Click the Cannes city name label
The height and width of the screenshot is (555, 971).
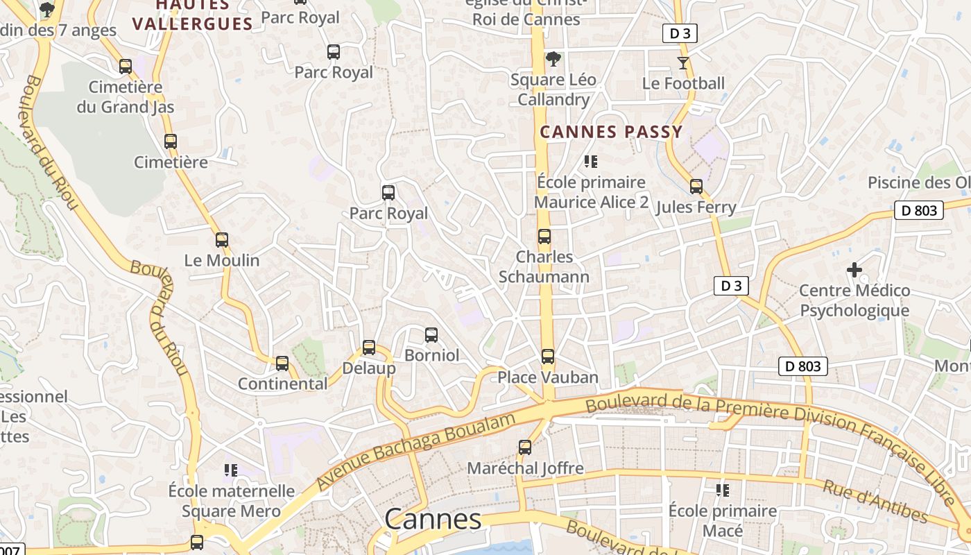[x=433, y=519]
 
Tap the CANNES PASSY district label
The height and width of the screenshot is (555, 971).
[x=611, y=132]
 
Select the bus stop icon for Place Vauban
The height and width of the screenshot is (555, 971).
[x=548, y=357]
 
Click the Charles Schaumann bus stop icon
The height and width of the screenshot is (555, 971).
[x=544, y=237]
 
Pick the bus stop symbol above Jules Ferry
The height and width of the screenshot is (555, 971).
[x=696, y=187]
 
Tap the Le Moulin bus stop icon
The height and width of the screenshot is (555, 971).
[x=222, y=240]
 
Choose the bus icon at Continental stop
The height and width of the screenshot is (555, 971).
[x=282, y=364]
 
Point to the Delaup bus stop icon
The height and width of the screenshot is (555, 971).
[x=369, y=348]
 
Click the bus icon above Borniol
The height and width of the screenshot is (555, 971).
[x=431, y=336]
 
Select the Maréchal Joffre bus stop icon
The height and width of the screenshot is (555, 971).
[x=525, y=447]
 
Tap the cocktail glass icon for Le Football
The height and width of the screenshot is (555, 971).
[x=683, y=63]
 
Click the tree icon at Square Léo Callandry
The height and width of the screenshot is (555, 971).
[x=553, y=59]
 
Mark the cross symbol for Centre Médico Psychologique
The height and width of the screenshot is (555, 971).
[x=854, y=269]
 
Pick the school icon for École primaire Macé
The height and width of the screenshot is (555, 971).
[x=723, y=490]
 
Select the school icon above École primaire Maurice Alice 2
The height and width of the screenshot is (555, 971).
[x=591, y=162]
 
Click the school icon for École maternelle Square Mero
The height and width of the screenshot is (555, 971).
[x=231, y=470]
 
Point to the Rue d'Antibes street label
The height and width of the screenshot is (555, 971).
[x=875, y=501]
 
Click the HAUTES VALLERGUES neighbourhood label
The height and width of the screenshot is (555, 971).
[x=192, y=15]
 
